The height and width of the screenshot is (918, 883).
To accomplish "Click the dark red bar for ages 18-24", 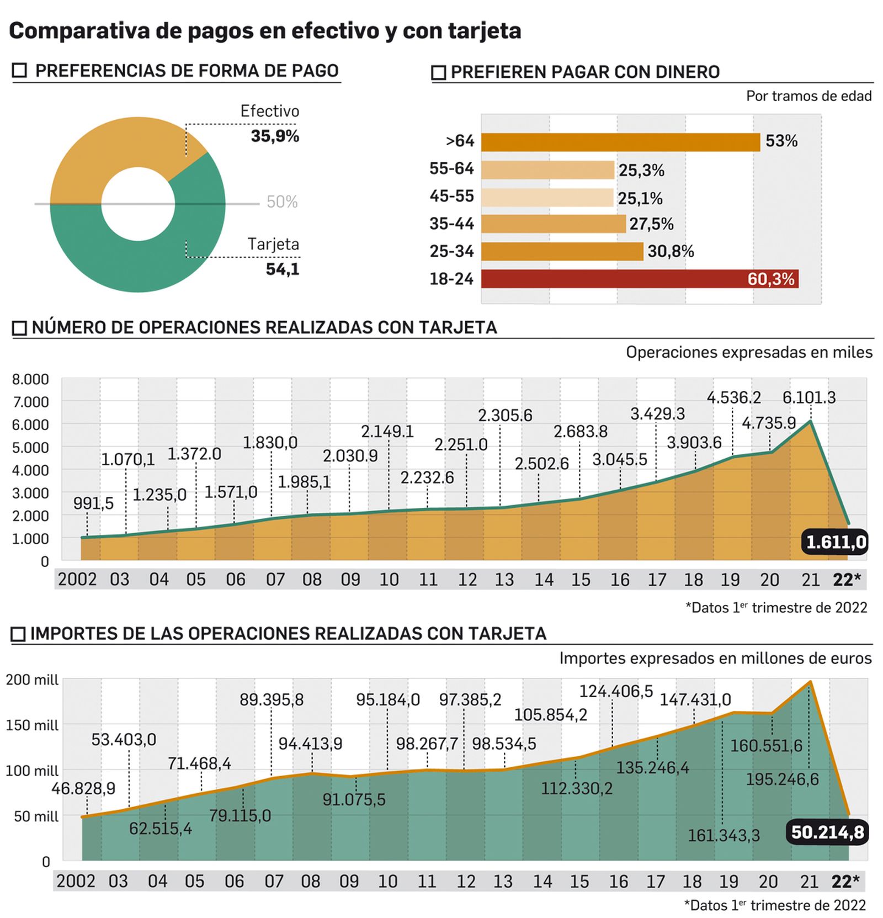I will point(607,279).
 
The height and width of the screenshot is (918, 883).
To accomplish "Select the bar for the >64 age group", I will point(620,142).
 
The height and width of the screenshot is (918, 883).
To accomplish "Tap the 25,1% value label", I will point(640,198).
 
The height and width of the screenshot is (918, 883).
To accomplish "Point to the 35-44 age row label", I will point(451,224).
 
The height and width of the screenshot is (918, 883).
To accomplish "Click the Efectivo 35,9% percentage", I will point(275,136).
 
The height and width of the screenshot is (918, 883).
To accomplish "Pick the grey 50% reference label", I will point(282,202).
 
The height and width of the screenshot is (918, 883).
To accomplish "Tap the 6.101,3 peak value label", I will point(809,397).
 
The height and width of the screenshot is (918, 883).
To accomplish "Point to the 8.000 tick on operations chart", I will point(30,380).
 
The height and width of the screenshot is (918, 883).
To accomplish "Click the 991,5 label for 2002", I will point(93,503).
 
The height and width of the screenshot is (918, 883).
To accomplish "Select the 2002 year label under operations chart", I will point(77,580).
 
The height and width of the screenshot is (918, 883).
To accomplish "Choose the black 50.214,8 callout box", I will point(827,832).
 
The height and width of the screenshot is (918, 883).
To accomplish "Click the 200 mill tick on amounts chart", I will point(32,680).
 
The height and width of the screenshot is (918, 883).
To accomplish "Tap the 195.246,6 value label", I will point(782,779).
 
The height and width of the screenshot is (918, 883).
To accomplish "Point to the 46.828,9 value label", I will point(83,788).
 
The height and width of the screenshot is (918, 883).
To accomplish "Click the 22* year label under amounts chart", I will point(845,882).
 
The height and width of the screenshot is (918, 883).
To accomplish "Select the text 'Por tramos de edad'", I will point(808,96).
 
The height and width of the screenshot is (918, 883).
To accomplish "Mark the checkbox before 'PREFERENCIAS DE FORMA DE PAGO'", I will point(19,71).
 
